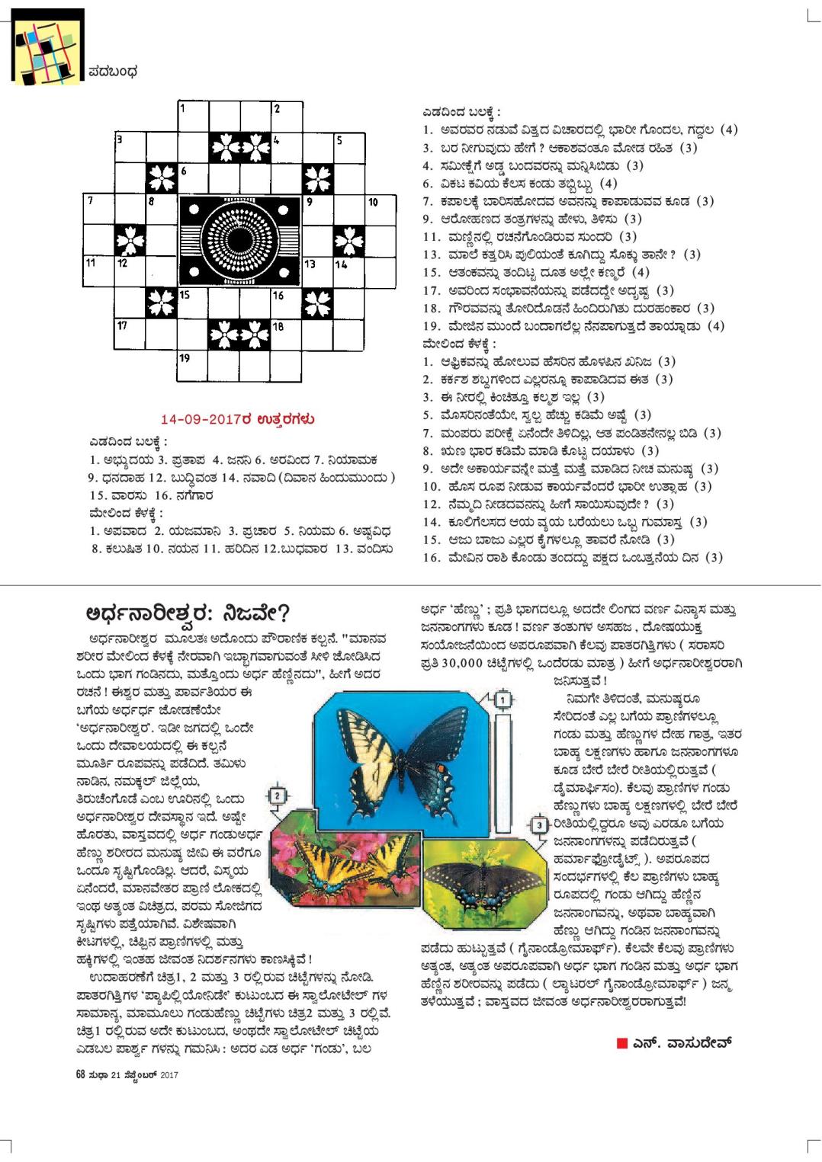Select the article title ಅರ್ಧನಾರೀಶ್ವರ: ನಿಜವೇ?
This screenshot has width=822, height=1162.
pyautogui.click(x=187, y=614)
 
